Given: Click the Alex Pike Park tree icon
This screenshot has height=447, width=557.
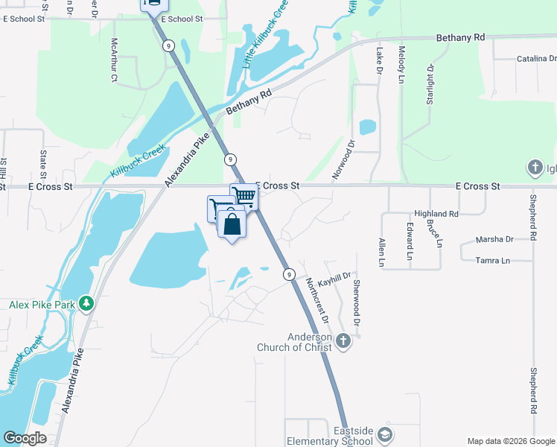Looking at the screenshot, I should pos(87,304).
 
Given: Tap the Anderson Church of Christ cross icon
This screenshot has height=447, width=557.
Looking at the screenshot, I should pos(343,340).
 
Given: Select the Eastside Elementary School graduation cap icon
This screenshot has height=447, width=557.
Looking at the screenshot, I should pos(385,434).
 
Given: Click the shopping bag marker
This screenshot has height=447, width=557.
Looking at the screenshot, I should pos(232,223).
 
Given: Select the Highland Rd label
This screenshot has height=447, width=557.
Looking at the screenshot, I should pos(436,214).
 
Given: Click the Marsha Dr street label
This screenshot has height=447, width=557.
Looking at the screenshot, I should pos(495,239).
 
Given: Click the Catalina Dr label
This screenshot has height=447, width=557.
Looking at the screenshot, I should pos(521,58).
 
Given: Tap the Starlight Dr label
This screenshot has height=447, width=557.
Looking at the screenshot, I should pos(430,83).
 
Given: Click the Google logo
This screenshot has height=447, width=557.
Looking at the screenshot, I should pos(25,438).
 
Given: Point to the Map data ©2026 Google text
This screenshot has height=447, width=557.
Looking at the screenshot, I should pos(510,440).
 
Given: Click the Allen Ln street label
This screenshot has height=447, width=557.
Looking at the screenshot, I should pos(381,253).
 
